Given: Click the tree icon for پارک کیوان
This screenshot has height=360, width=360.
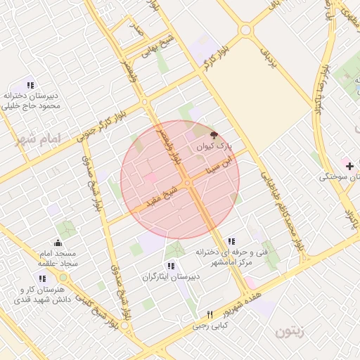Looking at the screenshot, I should click(x=214, y=134).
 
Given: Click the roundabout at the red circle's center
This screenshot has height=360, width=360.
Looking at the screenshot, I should click(x=188, y=183).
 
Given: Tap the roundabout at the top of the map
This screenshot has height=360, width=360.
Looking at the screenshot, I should click(x=245, y=30).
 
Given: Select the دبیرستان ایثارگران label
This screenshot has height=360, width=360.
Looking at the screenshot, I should click(x=171, y=277).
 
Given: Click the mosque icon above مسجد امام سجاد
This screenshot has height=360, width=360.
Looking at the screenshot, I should click(x=58, y=243).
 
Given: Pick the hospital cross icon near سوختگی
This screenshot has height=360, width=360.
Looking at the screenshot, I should click(x=349, y=165).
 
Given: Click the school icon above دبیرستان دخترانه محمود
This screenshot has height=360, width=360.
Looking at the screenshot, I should click(x=30, y=85).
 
